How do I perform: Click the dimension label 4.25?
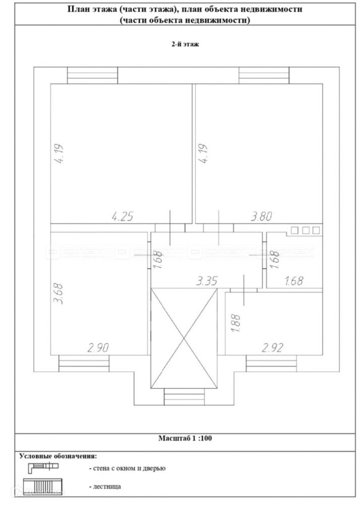click(122, 217)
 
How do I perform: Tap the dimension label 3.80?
click(262, 216)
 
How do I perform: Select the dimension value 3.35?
click(207, 281)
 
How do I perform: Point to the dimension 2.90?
click(98, 348)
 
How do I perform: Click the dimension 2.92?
click(273, 348)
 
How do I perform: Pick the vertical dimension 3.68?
click(58, 294)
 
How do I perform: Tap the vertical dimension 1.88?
click(236, 323)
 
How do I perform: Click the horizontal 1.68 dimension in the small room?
click(294, 281)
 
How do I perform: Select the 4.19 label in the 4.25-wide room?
click(59, 154)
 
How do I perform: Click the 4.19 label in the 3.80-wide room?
click(203, 154)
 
